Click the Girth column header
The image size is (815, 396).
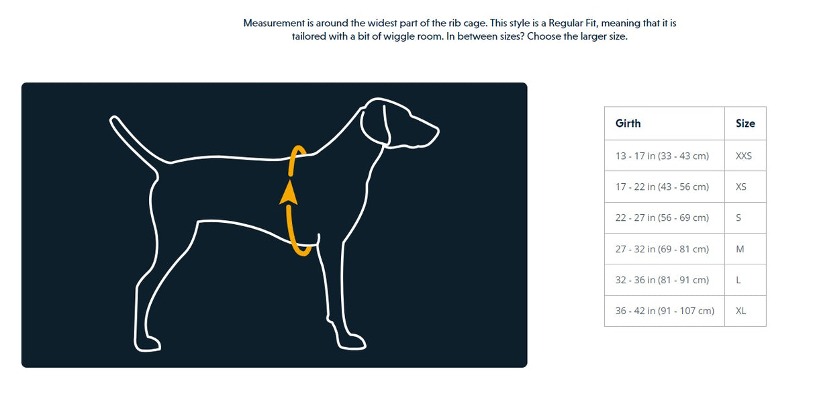coord(628,123)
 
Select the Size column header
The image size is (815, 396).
coord(745,123)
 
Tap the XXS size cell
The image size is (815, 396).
coord(744,156)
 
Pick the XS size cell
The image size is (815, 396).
coord(741,187)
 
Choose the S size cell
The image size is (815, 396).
coord(738,217)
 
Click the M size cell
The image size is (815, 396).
coord(740,249)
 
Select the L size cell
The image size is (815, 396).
coord(738,280)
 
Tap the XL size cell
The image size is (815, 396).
coord(741,311)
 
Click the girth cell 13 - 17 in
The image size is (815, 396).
coord(662,156)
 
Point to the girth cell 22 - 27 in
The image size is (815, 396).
coord(662,217)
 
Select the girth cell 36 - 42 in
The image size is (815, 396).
coord(665,311)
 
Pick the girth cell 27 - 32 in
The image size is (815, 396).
coord(662,249)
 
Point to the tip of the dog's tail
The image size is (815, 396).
coord(114,121)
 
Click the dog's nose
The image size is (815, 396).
coord(436,129)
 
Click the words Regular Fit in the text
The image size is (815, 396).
coord(574,23)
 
